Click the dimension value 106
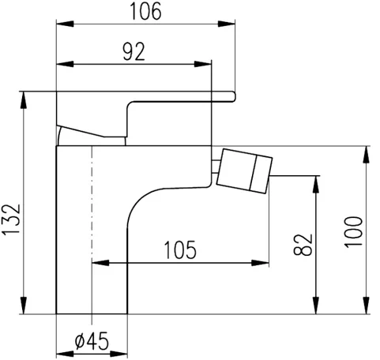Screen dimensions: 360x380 tap(145, 11)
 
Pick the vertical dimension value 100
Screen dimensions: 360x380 tap(356, 232)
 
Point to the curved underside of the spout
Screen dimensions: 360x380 tap(146, 197)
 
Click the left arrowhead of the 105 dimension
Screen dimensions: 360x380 tap(98, 262)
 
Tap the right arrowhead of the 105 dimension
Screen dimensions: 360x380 tap(264, 262)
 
